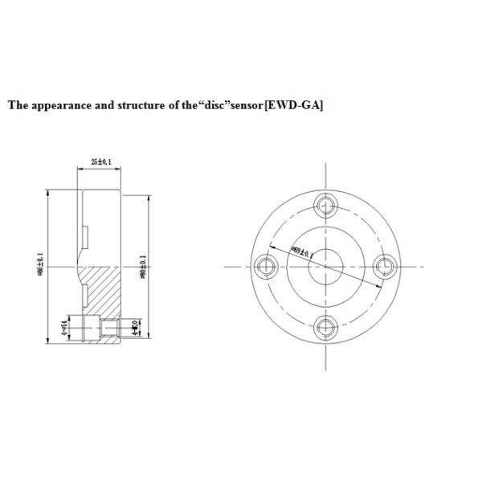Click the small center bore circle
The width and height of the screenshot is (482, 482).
tap(325, 266)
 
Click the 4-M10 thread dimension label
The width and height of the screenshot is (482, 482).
tap(134, 328)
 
